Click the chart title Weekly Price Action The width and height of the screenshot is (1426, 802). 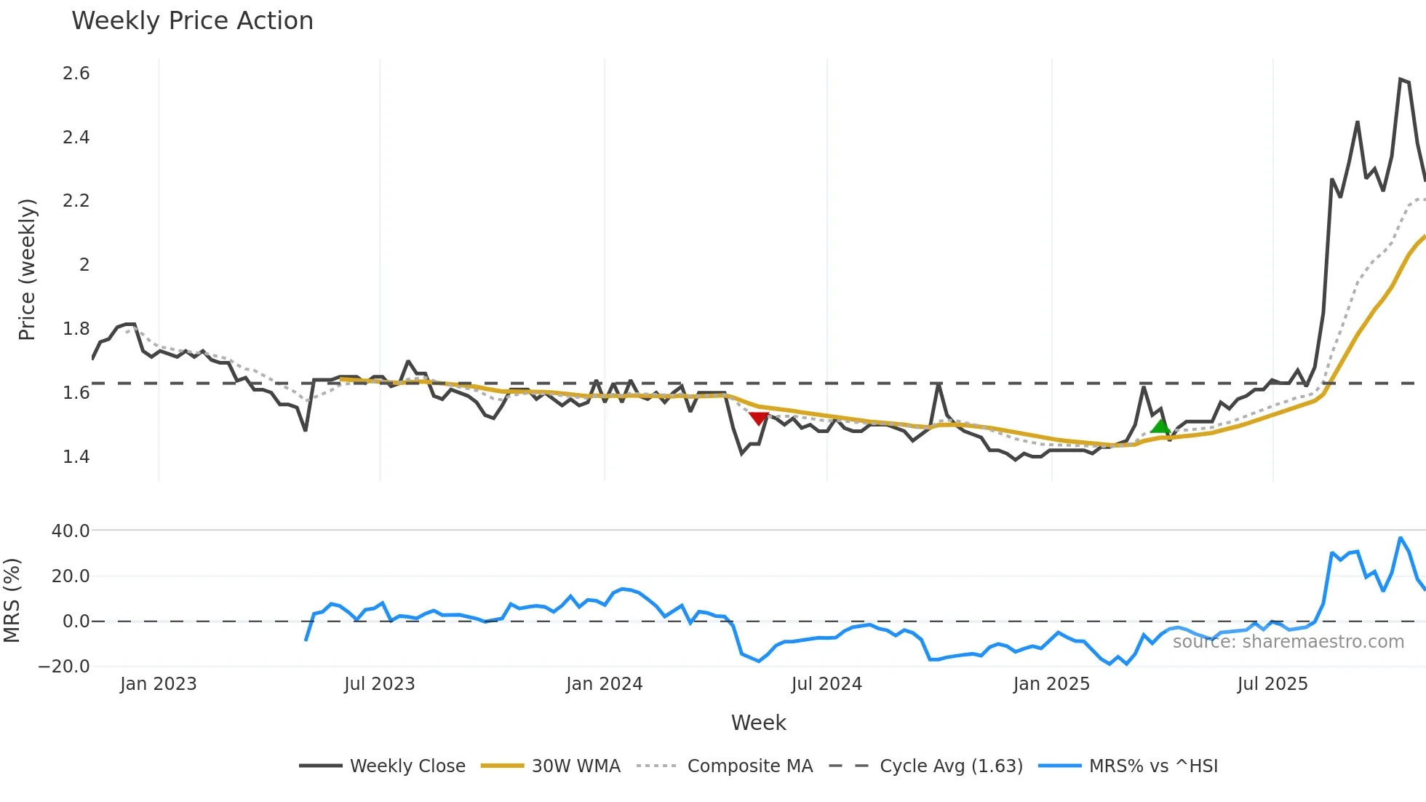click(x=192, y=21)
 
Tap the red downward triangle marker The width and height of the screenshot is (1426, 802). click(x=759, y=418)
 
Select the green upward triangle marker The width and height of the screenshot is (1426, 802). click(x=1160, y=426)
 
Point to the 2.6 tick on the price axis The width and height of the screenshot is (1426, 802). click(x=76, y=74)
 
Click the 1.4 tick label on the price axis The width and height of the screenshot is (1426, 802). click(x=76, y=456)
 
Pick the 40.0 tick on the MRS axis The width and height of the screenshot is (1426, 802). click(x=71, y=531)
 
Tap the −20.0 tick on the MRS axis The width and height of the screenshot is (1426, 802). click(x=65, y=666)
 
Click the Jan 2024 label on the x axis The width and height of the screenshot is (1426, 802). click(x=604, y=684)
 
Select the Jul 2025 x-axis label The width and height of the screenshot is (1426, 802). click(x=1272, y=684)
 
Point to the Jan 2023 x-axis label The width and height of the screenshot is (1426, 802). click(x=158, y=684)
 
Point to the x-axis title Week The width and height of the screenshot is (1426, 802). click(x=758, y=723)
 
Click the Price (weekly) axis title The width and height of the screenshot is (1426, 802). click(x=27, y=269)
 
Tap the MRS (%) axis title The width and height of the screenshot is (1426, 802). click(x=12, y=600)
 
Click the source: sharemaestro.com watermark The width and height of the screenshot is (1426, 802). click(x=1288, y=641)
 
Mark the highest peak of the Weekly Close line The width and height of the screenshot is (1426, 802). click(x=1401, y=79)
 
